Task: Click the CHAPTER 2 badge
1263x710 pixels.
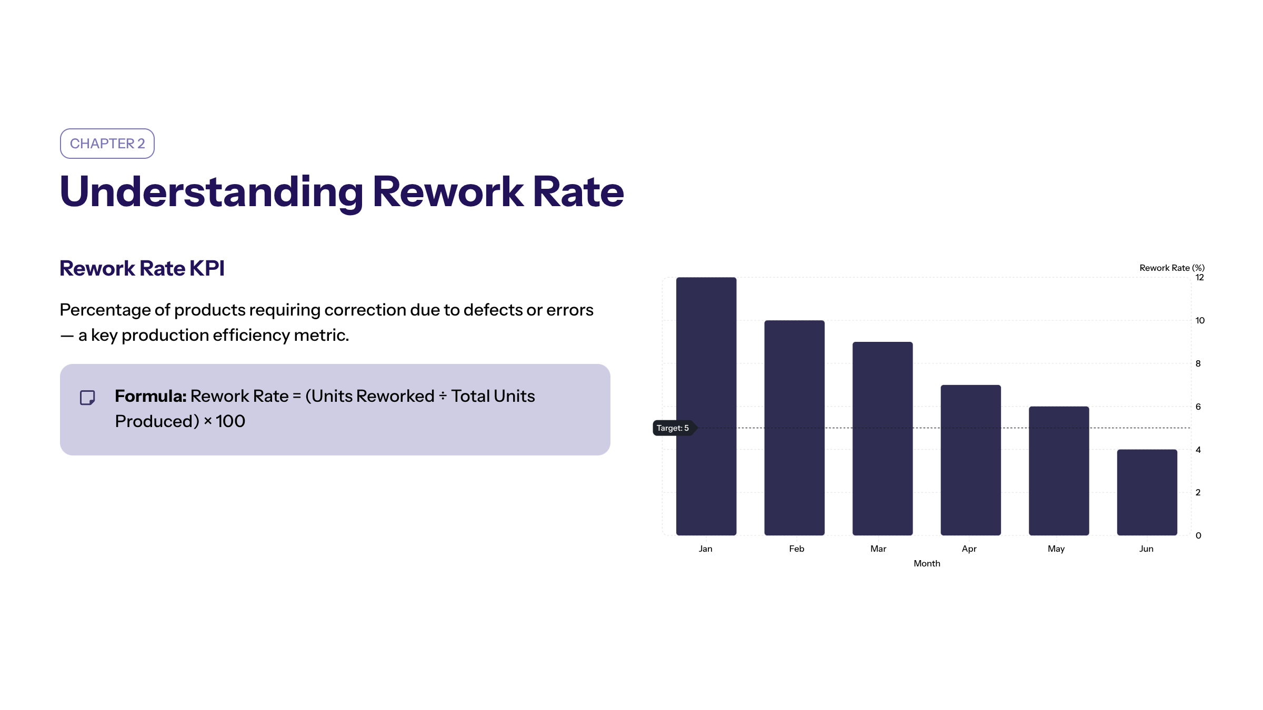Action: point(107,144)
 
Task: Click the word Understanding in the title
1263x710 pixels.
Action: point(212,192)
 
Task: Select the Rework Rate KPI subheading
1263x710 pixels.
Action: point(142,268)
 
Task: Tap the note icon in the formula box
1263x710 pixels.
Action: point(87,398)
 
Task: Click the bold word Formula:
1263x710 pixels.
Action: point(151,396)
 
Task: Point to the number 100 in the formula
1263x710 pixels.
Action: point(230,421)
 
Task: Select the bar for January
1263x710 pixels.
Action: point(706,406)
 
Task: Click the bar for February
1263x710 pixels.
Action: point(795,428)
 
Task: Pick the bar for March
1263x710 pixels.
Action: point(883,439)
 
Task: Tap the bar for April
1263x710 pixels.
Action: point(971,460)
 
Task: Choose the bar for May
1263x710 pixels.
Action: point(1059,471)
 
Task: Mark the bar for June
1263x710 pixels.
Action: point(1147,492)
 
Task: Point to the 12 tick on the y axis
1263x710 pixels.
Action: point(1199,278)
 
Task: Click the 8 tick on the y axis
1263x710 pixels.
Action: point(1198,363)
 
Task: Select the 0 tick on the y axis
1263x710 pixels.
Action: point(1198,535)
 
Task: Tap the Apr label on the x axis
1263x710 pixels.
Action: point(969,549)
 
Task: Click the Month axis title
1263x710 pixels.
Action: point(927,563)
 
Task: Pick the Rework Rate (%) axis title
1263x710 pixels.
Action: point(1172,268)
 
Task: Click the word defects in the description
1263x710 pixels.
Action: point(493,310)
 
